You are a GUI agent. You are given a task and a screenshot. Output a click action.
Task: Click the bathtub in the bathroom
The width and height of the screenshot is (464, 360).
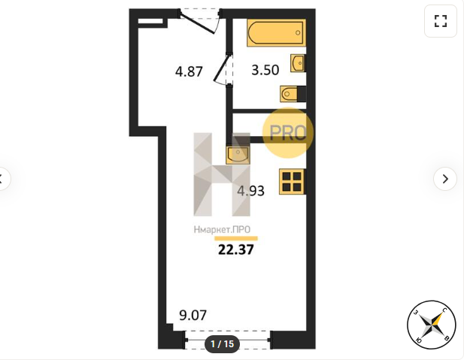pyautogui.click(x=277, y=32)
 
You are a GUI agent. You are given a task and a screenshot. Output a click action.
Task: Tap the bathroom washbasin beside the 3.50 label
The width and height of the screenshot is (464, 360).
pyautogui.click(x=297, y=63)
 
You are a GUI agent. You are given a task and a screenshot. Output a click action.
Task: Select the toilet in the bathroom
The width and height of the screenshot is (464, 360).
pyautogui.click(x=289, y=94)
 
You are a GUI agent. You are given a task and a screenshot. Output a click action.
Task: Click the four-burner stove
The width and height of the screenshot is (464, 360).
pyautogui.click(x=292, y=182)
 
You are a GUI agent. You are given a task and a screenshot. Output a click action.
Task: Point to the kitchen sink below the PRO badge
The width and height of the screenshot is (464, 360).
pyautogui.click(x=238, y=155)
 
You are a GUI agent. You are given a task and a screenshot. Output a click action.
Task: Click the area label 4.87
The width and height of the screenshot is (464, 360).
pyautogui.click(x=189, y=71)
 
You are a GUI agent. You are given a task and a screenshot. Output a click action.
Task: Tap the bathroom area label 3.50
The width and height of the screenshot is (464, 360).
pyautogui.click(x=265, y=70)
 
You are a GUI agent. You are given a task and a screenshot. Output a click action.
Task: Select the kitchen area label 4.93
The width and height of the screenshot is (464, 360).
pyautogui.click(x=250, y=191)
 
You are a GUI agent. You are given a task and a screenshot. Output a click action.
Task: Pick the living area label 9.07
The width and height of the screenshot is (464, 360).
pyautogui.click(x=193, y=316)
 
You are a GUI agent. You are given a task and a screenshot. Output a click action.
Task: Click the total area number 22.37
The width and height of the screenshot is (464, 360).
pyautogui.click(x=236, y=250)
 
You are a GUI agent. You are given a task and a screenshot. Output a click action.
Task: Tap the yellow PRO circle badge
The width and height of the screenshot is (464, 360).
pyautogui.click(x=287, y=132)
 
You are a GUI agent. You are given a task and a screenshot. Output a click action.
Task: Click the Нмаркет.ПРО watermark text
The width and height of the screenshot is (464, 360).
pyautogui.click(x=222, y=229)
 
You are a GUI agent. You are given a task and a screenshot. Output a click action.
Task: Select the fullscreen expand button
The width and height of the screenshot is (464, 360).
pyautogui.click(x=441, y=21)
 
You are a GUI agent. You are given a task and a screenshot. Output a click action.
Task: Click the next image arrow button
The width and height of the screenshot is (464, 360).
pyautogui.click(x=445, y=179)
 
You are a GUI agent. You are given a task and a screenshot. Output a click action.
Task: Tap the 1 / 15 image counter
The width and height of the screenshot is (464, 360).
pyautogui.click(x=223, y=343)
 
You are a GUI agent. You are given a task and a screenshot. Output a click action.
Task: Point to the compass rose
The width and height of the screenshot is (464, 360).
pyautogui.click(x=432, y=325)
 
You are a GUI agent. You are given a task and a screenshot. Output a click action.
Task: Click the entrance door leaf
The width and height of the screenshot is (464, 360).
pyautogui.click(x=197, y=23)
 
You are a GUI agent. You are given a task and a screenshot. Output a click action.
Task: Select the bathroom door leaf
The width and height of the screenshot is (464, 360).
pyautogui.click(x=221, y=68)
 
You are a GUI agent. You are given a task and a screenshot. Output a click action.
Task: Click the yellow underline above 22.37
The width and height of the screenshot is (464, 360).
pyautogui.click(x=236, y=238)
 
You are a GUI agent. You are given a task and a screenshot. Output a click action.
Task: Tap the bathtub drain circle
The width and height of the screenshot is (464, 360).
pyautogui.click(x=298, y=32)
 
